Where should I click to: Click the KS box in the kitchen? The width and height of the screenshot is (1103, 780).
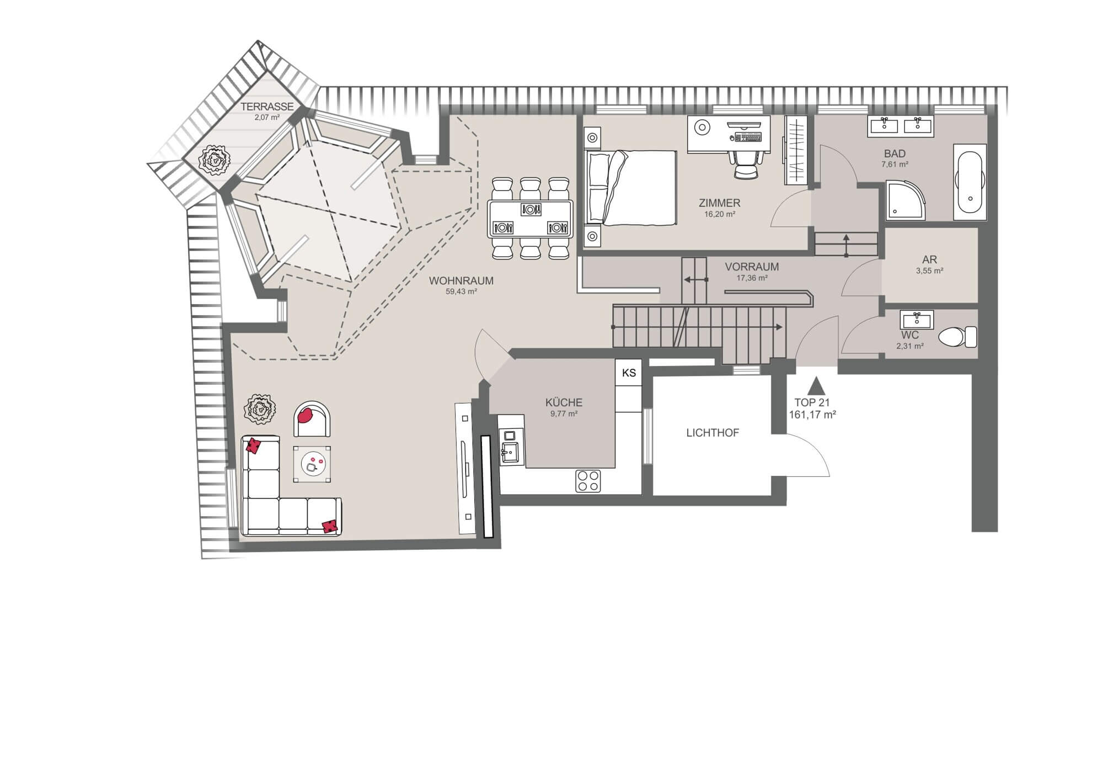(629, 373)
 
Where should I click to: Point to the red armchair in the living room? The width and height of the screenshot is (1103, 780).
(312, 418)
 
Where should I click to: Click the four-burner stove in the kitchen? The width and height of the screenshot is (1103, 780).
(588, 480)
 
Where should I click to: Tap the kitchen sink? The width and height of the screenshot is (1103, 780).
(510, 453)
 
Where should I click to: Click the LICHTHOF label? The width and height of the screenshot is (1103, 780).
(713, 433)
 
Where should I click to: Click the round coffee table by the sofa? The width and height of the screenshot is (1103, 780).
(312, 464)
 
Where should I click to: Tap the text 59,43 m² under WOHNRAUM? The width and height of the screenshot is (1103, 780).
(461, 291)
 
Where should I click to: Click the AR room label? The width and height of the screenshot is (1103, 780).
(929, 259)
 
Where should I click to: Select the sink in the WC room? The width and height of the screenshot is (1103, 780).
(916, 319)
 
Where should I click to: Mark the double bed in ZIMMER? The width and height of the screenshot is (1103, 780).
(631, 188)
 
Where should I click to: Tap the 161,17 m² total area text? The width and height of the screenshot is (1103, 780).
(812, 415)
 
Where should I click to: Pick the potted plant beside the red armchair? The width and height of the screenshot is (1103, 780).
(260, 409)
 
